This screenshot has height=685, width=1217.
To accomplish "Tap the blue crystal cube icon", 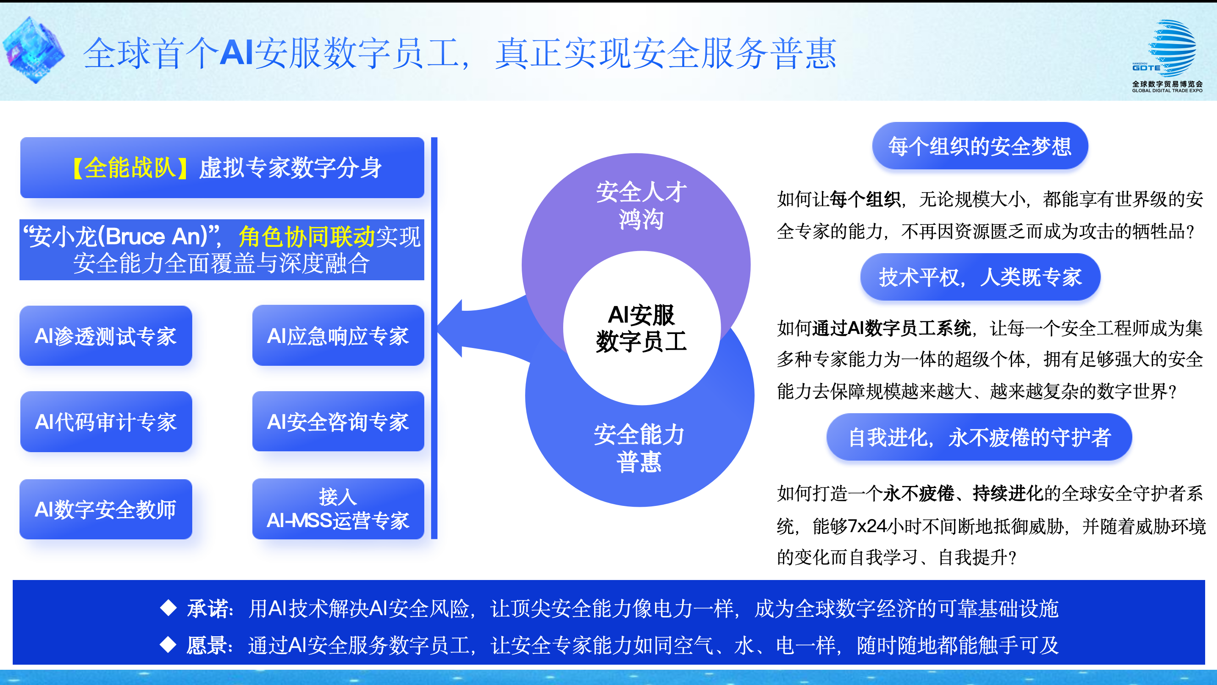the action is click(33, 50).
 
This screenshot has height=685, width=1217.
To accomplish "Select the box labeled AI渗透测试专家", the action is click(106, 336).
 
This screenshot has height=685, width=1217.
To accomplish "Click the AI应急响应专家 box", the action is click(338, 336).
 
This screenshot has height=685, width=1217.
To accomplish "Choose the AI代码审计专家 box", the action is click(106, 421).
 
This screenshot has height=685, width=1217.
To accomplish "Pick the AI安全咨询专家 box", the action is click(338, 421).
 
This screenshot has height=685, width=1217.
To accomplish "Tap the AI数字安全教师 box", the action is click(106, 509).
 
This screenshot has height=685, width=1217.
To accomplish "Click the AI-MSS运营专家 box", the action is click(338, 509).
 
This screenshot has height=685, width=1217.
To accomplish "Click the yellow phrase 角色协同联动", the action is click(307, 236).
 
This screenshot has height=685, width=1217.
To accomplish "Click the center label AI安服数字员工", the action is click(642, 328).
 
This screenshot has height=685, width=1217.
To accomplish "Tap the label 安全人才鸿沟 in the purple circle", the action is click(641, 205).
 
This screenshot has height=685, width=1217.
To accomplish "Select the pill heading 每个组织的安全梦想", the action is click(980, 146).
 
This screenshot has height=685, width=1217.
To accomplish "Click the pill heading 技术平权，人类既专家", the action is click(980, 277).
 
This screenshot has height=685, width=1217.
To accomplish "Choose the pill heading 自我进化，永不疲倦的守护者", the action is click(979, 437).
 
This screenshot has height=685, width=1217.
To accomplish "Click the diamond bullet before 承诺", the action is click(168, 608).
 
